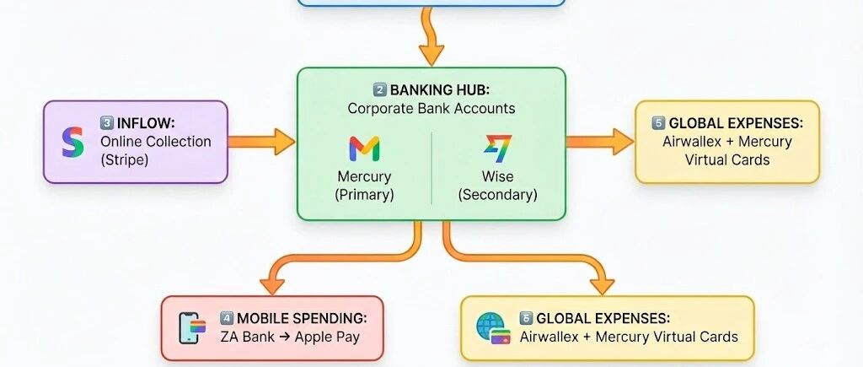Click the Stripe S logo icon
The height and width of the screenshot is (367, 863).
73,141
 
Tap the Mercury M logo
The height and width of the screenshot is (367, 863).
363,149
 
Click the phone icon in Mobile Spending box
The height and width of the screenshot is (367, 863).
192,327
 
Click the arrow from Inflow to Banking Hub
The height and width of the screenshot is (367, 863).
261,142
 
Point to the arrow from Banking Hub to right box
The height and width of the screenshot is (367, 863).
599,142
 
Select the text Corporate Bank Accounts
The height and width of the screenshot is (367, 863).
431,108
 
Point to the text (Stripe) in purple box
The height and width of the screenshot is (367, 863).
125,159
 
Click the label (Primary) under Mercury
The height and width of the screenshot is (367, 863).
364,194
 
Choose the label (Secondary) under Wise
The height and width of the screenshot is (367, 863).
497,194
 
